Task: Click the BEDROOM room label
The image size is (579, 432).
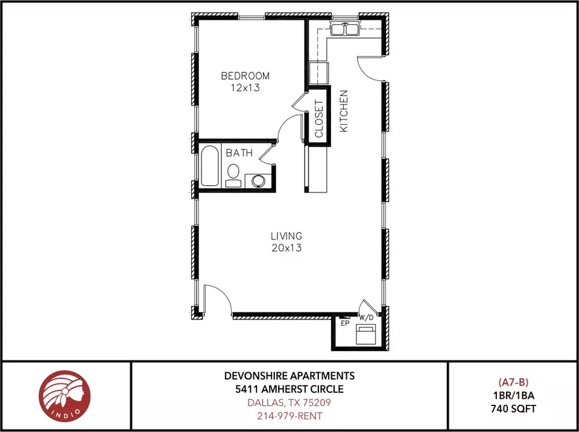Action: pos(245,76)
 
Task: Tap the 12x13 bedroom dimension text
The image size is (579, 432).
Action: pos(245,88)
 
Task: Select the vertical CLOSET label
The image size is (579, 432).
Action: pos(319,119)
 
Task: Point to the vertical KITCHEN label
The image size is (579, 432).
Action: pos(344,111)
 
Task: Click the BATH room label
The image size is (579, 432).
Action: pos(239,153)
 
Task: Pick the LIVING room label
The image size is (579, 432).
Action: pos(286,236)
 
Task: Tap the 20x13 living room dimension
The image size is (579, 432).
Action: pos(286,248)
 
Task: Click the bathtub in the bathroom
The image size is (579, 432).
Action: pos(210,165)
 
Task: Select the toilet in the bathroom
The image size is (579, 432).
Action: pos(233,176)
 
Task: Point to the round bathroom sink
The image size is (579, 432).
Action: pos(258,181)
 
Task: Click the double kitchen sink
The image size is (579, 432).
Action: pos(345,29)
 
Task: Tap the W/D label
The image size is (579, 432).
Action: pos(366,317)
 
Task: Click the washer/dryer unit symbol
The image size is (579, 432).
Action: pos(365,334)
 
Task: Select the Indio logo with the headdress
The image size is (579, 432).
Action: pos(65,396)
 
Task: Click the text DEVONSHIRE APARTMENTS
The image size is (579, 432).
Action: pos(289,376)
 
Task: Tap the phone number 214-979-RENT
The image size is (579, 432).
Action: pos(289,416)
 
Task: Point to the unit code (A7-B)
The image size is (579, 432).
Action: pos(513,382)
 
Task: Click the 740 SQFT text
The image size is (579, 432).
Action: pos(513,408)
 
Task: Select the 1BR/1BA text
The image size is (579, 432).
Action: pos(513,395)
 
